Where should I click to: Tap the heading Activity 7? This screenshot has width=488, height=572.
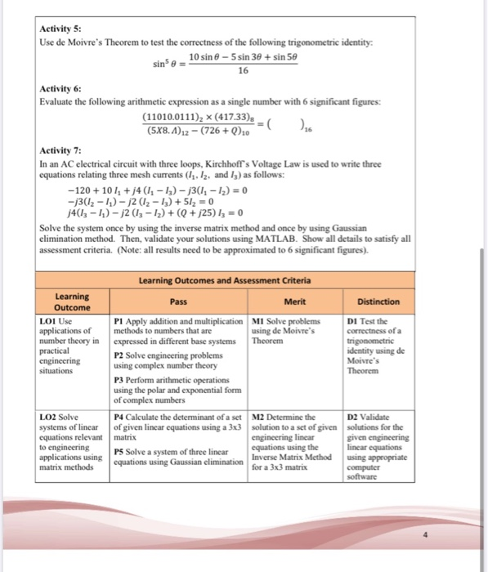60,152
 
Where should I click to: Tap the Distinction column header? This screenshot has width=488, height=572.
378,302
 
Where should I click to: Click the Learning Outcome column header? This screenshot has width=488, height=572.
72,302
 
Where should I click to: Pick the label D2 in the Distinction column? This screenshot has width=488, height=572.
353,415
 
